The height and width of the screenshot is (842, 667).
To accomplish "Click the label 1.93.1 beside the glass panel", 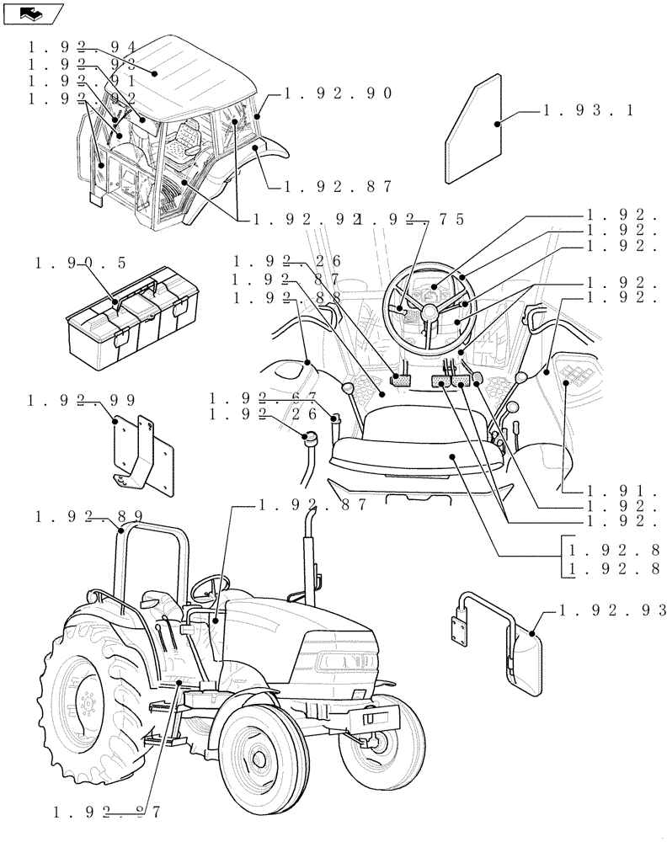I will click(590, 110).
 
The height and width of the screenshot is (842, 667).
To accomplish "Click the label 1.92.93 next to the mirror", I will click(613, 610).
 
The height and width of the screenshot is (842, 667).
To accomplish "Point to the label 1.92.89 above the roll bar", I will click(88, 516).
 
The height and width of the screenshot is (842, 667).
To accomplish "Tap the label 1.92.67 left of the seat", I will click(263, 397).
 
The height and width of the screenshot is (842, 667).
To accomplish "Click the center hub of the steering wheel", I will click(430, 311).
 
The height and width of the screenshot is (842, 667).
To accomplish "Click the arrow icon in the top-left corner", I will click(32, 13).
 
